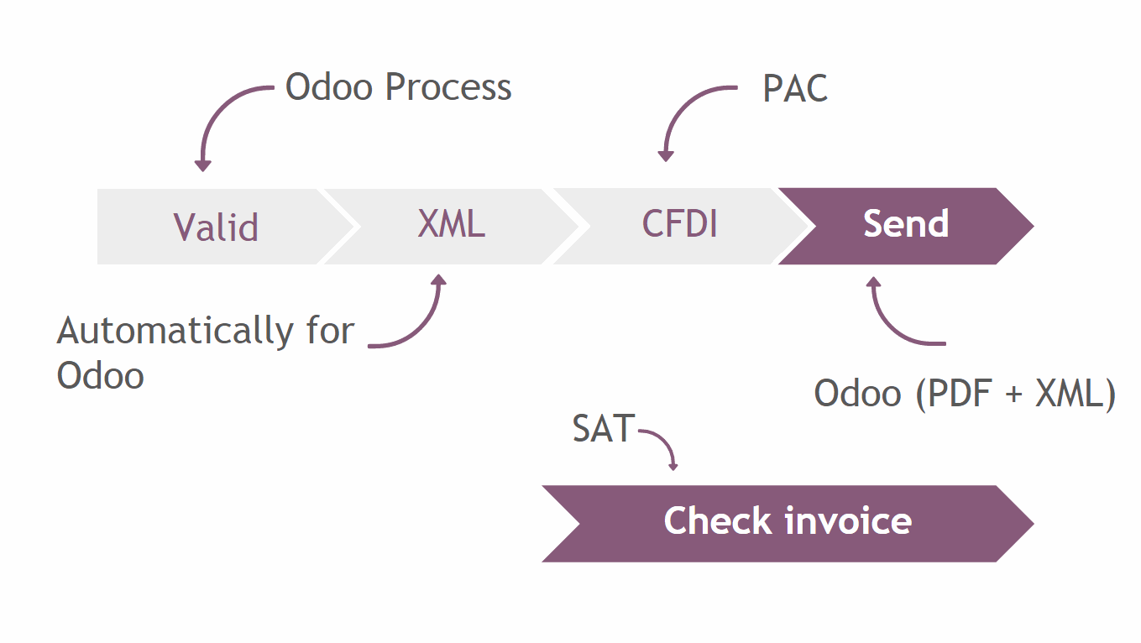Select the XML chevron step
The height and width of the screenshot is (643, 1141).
tap(452, 227)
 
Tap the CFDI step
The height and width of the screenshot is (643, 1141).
tap(679, 226)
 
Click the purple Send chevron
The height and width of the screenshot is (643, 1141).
tap(906, 226)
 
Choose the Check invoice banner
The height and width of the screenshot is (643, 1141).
tap(788, 523)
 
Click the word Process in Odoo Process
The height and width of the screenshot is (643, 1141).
tap(448, 87)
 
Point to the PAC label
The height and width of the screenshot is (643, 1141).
tap(795, 89)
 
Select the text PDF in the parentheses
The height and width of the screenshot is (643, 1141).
tap(959, 393)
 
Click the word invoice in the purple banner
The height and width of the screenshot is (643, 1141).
tap(848, 520)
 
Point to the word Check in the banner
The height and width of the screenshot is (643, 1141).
tap(718, 520)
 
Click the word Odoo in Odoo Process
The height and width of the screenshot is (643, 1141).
tap(329, 87)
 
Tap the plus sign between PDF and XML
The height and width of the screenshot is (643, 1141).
tap(1013, 394)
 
